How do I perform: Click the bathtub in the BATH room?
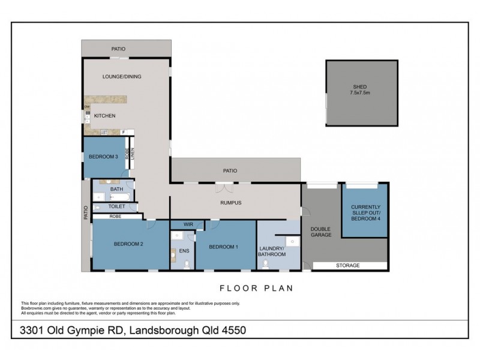click(118, 196)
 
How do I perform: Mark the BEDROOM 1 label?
click(223, 247)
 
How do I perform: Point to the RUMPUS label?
click(230, 203)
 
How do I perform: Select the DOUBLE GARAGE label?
click(320, 232)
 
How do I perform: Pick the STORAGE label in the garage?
click(347, 265)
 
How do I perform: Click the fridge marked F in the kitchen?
click(123, 132)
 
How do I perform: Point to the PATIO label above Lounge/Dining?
click(118, 49)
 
